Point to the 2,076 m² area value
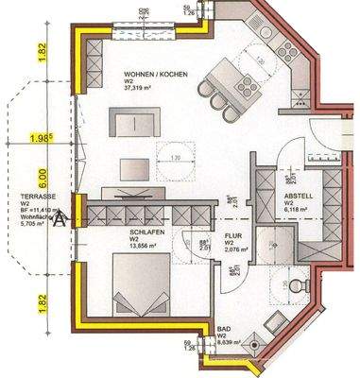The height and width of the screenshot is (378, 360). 234,251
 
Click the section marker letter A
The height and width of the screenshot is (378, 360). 61,218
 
